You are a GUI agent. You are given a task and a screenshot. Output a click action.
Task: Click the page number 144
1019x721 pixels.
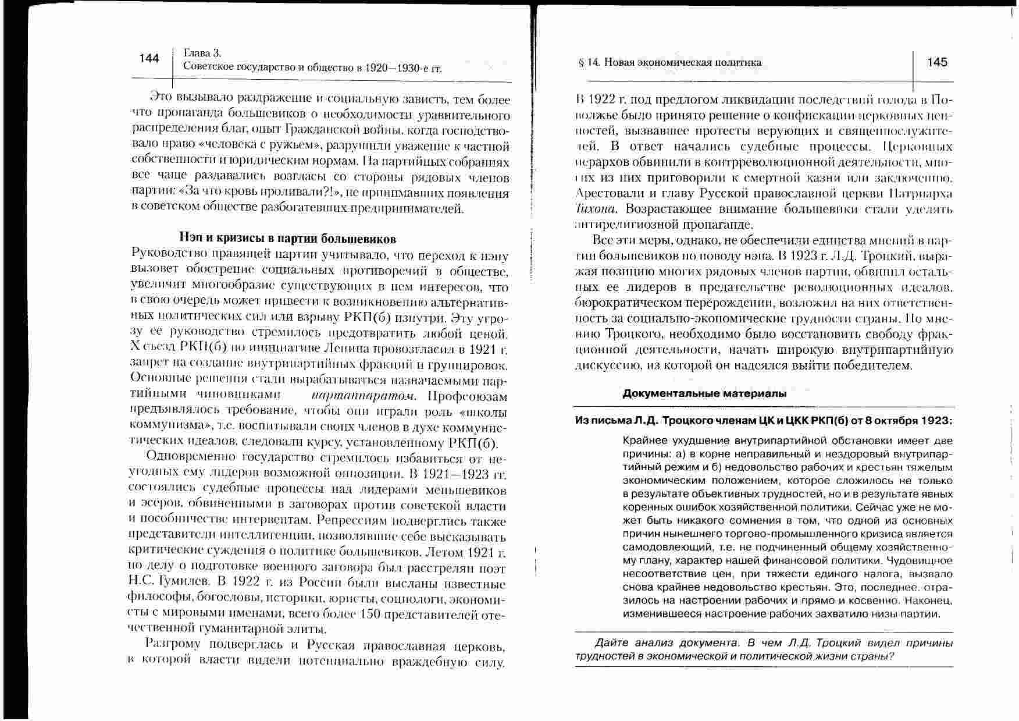pos(149,58)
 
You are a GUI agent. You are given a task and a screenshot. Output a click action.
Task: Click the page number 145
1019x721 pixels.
pos(937,62)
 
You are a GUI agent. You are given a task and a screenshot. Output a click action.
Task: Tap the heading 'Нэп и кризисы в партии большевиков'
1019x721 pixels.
pos(287,239)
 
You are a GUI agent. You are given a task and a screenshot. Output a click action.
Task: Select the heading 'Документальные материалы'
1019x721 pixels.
pos(704,393)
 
